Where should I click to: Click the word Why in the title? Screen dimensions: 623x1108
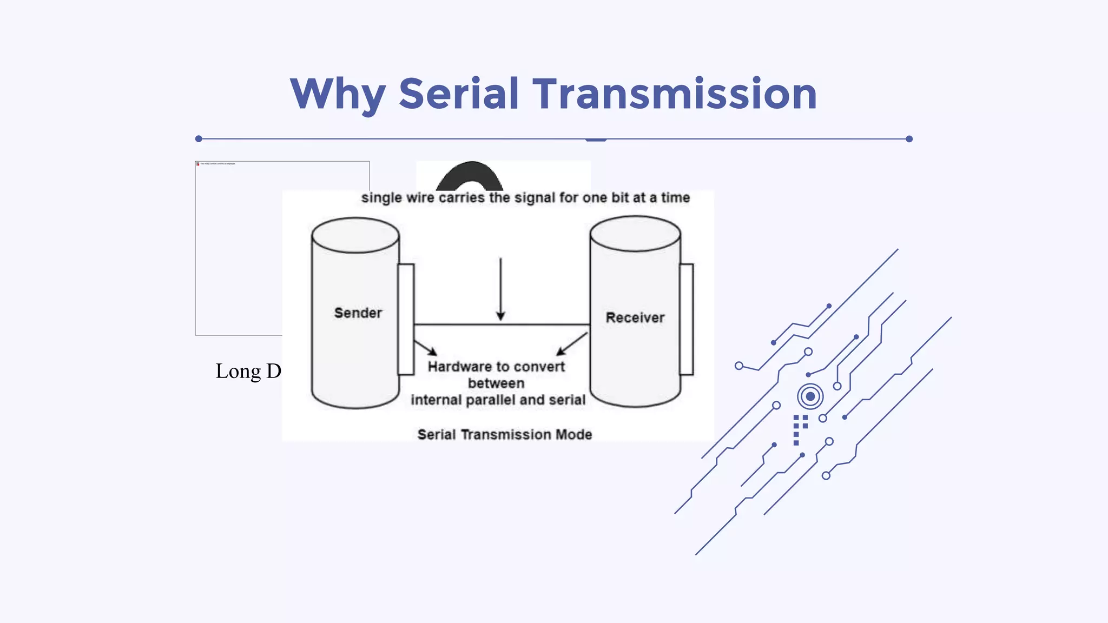[338, 95]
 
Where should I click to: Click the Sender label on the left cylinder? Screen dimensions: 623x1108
[358, 313]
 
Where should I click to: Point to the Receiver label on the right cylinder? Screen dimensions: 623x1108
[635, 317]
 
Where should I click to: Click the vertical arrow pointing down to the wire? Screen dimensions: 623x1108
[500, 289]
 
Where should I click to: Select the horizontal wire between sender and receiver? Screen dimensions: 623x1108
[502, 324]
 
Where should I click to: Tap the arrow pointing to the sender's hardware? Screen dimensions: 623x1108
[426, 348]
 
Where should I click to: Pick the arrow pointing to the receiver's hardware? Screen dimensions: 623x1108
[571, 344]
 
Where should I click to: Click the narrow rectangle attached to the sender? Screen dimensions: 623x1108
[406, 319]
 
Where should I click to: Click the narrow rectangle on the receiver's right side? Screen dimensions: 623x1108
[687, 319]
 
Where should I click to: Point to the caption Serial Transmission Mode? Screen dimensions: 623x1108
[504, 434]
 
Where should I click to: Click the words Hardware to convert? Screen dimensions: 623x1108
[496, 367]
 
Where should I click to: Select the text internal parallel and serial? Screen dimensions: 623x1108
[498, 400]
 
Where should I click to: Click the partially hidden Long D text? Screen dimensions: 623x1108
[248, 372]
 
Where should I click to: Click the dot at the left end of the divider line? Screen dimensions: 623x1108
[199, 139]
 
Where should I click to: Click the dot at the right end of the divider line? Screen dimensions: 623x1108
[909, 139]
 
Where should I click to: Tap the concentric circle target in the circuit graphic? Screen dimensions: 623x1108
[810, 396]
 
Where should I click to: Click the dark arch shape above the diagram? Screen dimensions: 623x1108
[470, 176]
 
